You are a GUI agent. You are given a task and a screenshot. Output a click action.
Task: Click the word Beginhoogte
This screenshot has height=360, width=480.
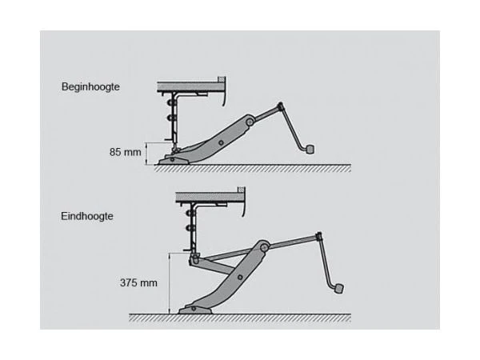coord(90,86)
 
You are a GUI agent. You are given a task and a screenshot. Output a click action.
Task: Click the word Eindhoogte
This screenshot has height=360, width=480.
coord(87,216)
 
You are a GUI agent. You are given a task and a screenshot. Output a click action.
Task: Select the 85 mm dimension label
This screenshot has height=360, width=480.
coord(126,152)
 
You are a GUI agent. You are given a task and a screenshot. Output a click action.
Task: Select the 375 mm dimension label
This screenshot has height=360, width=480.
coord(138,282)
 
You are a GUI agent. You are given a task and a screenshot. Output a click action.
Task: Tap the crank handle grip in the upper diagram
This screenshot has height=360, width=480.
coord(310,149)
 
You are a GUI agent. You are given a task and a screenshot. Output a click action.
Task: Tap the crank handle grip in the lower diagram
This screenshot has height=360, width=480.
coord(339,289)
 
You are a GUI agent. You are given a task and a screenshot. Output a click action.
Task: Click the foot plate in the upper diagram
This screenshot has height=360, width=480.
coord(173,160)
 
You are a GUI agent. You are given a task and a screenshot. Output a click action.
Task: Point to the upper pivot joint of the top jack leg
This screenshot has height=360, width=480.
coord(250,122)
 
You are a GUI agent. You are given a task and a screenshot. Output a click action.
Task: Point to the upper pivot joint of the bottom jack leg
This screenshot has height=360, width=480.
coord(264,247)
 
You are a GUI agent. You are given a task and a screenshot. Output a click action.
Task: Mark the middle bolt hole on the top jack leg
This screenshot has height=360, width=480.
coord(221,142)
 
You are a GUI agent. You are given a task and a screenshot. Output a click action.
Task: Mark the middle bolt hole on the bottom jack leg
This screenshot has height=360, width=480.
coord(240,278)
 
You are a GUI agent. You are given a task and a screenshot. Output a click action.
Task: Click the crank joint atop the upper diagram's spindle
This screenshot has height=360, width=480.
coord(280,106)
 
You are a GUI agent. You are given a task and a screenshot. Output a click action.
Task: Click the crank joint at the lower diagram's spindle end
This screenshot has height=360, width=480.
coord(318,236)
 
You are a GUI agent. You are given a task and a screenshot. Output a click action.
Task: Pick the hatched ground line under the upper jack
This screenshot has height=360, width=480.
coord(253,168)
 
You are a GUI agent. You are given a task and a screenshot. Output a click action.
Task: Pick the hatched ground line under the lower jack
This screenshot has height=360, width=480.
coord(240,318)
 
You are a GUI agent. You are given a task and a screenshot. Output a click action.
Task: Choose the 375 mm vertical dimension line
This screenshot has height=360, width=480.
coord(170,283)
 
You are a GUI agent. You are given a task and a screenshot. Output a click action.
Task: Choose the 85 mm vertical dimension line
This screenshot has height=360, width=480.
coord(147,154)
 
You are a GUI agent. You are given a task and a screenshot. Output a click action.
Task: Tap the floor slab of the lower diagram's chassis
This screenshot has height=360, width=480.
coord(210,197)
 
